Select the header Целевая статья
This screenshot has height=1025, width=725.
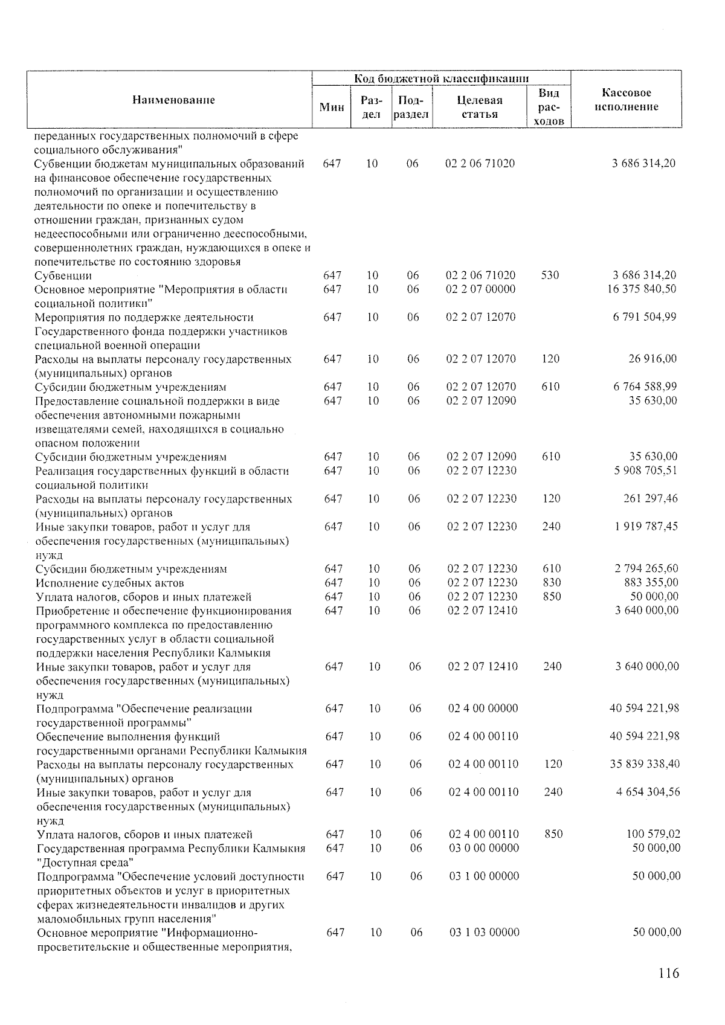480,107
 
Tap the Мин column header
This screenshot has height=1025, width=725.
332,107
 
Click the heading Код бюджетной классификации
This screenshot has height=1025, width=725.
442,79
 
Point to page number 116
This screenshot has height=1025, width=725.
669,973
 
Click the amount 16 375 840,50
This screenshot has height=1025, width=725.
642,289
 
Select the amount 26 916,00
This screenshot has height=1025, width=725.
652,359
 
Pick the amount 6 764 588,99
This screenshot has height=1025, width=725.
645,387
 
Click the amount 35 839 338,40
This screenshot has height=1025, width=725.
644,764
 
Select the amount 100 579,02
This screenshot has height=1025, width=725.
654,834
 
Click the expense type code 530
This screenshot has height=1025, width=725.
550,275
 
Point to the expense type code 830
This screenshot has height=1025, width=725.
552,582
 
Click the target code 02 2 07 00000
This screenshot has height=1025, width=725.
481,289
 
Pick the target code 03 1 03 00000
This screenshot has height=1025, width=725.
485,932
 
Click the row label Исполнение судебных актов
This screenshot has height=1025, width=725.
110,583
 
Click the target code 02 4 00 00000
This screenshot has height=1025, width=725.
483,708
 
